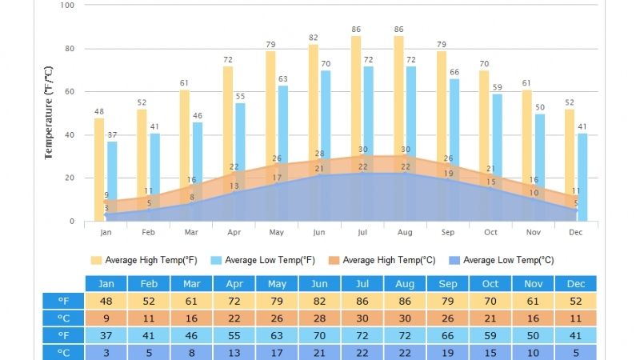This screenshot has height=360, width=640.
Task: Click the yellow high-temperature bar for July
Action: [x=356, y=96]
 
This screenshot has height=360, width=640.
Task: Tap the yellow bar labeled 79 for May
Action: [x=270, y=112]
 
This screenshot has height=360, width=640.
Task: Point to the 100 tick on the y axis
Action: [x=67, y=5]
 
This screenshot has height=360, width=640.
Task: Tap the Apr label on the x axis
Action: [x=234, y=232]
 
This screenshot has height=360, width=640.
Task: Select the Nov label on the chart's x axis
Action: [x=533, y=232]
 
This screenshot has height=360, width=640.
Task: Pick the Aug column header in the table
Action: [x=405, y=284]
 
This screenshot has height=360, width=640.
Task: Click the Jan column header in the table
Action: [x=106, y=284]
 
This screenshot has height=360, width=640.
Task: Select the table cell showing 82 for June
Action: [x=319, y=302]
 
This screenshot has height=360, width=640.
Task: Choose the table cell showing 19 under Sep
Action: [x=448, y=353]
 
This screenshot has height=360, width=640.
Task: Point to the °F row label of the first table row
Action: [x=63, y=302]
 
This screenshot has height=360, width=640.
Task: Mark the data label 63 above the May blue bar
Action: [x=283, y=78]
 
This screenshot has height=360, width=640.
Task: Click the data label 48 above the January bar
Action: [x=99, y=111]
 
